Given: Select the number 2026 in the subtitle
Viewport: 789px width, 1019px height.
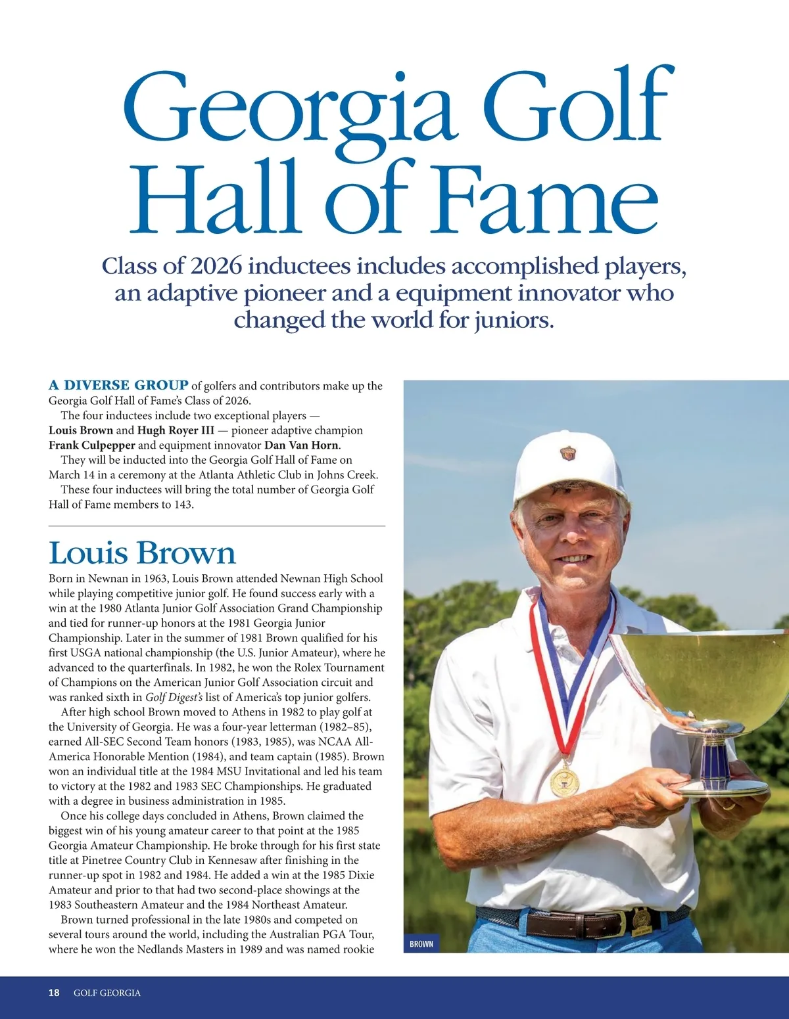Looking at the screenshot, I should [216, 267].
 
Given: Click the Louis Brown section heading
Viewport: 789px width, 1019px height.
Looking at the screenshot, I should [142, 553].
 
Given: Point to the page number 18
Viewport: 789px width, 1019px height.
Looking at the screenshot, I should [54, 993].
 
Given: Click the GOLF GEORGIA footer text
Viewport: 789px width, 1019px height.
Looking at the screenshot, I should [107, 993].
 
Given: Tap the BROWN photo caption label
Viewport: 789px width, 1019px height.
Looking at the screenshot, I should [421, 944].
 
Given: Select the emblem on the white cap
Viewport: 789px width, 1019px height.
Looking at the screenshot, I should [567, 453].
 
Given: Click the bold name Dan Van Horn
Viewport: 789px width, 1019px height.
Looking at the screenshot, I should [301, 445].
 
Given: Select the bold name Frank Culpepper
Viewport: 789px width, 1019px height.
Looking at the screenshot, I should [91, 445].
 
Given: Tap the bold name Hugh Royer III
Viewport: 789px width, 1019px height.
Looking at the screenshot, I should [176, 431].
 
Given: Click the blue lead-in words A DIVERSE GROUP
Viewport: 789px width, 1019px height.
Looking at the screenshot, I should [118, 386].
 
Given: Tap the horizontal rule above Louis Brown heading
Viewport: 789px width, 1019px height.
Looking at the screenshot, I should [217, 526].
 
